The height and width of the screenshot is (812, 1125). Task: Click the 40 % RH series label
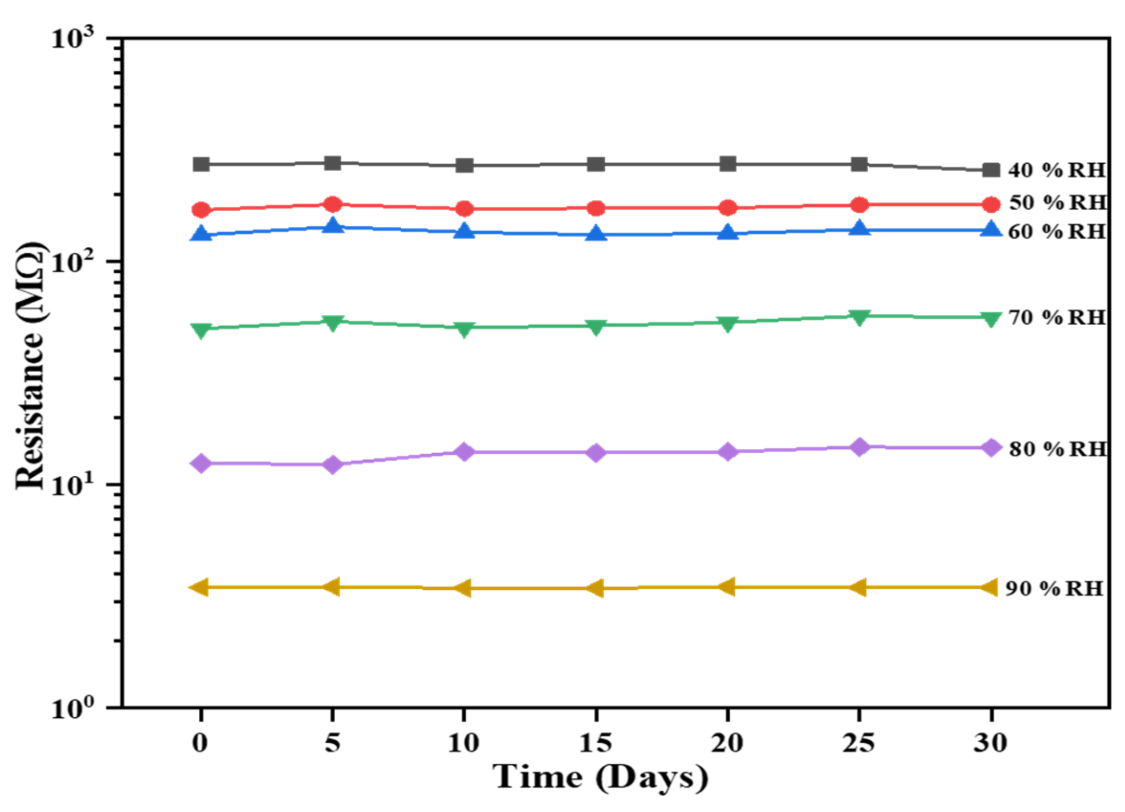tap(1057, 170)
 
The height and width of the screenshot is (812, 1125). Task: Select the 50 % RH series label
tap(1058, 202)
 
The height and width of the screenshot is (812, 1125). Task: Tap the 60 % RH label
tap(1057, 231)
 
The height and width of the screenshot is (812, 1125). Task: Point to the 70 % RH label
tap(1057, 317)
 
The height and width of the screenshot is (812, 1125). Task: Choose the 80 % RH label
tap(1058, 449)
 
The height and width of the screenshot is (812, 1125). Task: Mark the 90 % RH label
tap(1054, 589)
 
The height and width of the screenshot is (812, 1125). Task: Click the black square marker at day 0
tap(201, 164)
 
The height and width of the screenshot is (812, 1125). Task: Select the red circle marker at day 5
tap(332, 205)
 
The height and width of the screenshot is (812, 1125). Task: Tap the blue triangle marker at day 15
tap(596, 234)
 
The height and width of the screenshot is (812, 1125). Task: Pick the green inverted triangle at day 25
tap(859, 317)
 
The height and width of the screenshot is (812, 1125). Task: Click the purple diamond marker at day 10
tap(464, 451)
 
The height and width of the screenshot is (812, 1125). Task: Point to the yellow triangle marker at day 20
tap(727, 587)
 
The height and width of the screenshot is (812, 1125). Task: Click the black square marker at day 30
tap(991, 170)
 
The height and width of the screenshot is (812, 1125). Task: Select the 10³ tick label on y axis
tap(72, 38)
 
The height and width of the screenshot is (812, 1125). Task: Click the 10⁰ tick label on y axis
tap(72, 708)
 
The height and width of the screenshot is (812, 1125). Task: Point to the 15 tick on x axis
tap(596, 743)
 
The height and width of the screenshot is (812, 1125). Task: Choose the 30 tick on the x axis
tap(991, 743)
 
